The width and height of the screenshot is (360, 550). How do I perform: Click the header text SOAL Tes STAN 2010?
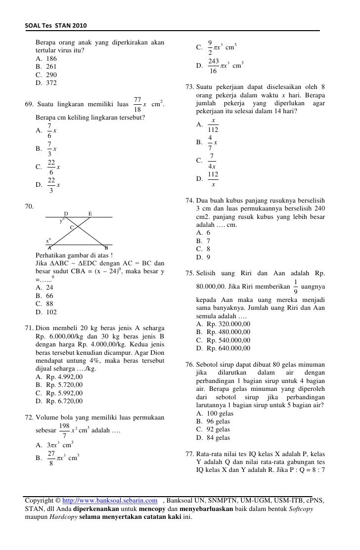tap(55, 25)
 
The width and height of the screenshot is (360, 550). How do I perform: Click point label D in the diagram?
tap(66, 214)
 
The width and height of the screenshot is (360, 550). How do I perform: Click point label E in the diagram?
tap(90, 214)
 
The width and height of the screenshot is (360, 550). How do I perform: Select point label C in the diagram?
tap(72, 227)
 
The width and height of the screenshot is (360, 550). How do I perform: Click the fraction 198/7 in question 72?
tap(64, 430)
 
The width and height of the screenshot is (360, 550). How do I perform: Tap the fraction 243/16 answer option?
tap(214, 66)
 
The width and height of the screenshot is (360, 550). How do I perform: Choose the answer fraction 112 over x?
tap(213, 179)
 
